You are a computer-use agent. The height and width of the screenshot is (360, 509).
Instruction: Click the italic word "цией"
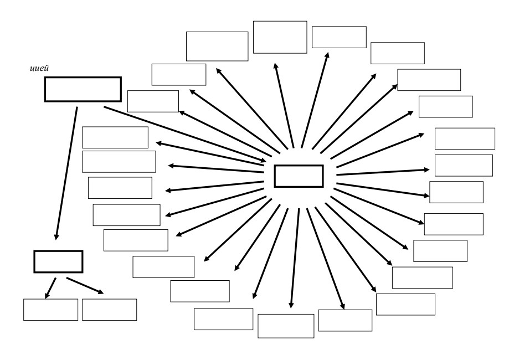[x=39, y=69]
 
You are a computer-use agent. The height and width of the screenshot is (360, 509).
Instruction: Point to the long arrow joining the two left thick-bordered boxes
[x=66, y=173]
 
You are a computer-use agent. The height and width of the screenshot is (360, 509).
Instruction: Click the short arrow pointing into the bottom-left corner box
[x=50, y=288]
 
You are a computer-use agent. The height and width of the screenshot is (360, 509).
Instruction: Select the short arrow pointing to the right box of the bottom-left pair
[x=85, y=286]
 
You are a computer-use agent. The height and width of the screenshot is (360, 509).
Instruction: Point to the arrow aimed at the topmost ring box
[x=284, y=105]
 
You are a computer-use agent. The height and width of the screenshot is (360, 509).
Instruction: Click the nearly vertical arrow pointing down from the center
[x=295, y=259]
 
